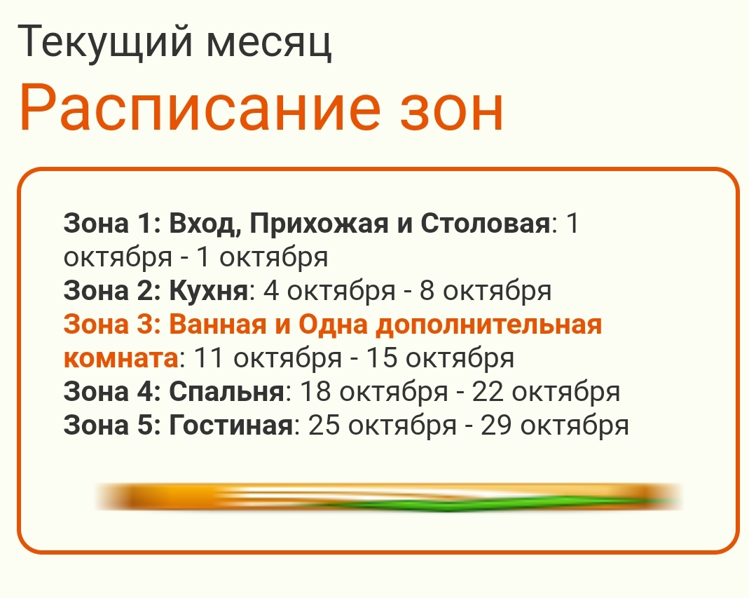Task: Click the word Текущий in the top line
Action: (105, 43)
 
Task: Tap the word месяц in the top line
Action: (269, 45)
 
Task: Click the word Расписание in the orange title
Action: (200, 107)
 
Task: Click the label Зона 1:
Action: (112, 223)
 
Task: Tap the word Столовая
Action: (486, 223)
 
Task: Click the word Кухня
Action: (209, 291)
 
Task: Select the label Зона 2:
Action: (112, 291)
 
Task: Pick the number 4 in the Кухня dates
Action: (271, 291)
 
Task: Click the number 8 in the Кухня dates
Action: (427, 291)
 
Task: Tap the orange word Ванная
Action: (217, 325)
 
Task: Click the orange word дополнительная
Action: (488, 325)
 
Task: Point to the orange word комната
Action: (121, 359)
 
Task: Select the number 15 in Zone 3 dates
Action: (382, 358)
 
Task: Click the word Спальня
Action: (227, 391)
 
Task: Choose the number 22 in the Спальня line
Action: (488, 391)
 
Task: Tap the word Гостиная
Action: (231, 426)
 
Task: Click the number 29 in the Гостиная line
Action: (496, 426)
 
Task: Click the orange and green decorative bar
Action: (388, 497)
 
